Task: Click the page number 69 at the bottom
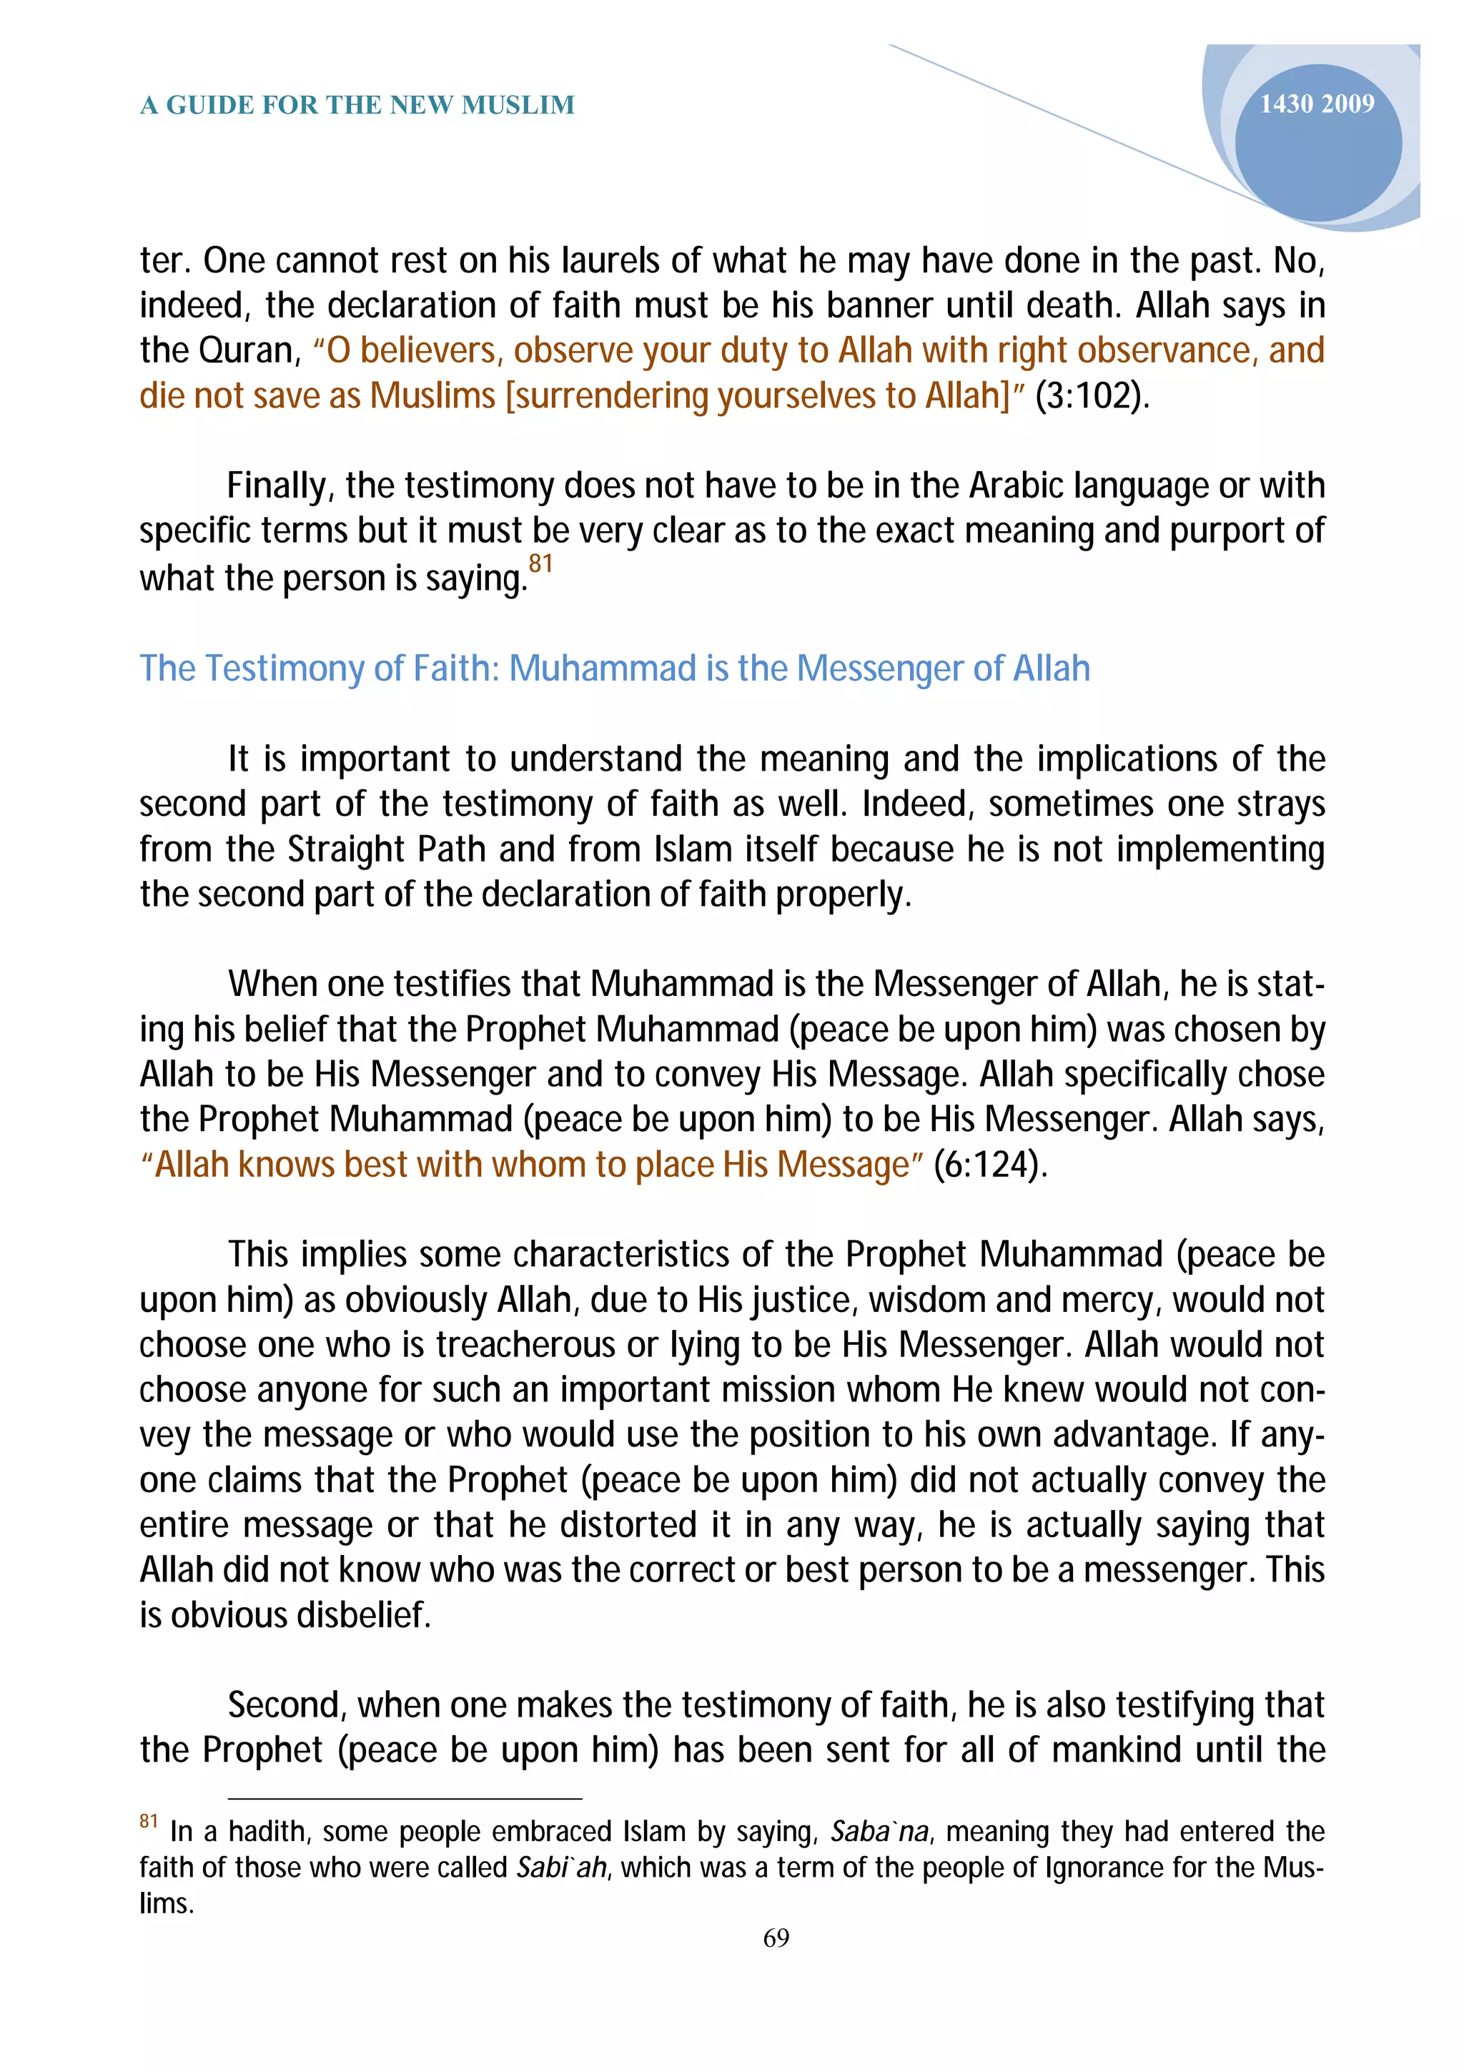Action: point(776,1938)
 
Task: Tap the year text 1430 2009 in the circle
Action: point(1316,104)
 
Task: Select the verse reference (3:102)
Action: point(1092,395)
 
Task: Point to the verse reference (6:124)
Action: point(989,1164)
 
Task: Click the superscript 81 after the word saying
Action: point(540,564)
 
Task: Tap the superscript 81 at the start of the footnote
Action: point(149,1821)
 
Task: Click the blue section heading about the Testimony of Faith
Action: point(614,669)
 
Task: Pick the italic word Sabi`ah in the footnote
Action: point(561,1867)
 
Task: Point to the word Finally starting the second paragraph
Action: point(280,485)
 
